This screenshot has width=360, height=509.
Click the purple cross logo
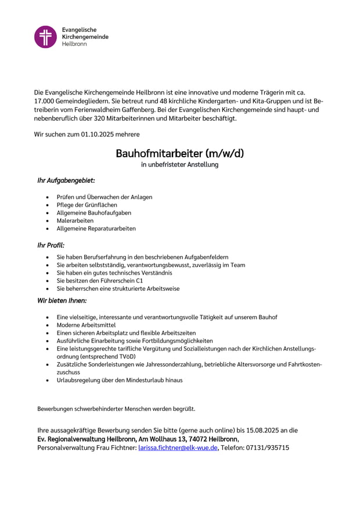[x=45, y=37]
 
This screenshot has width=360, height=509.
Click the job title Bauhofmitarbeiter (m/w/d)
[x=179, y=154]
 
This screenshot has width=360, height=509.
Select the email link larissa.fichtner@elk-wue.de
[x=178, y=448]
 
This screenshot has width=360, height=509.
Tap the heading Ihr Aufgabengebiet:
[x=66, y=181]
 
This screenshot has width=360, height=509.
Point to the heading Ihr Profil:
[x=51, y=246]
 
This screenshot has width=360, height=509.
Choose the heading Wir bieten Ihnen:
[x=62, y=301]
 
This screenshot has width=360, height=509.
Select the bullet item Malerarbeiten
[x=75, y=221]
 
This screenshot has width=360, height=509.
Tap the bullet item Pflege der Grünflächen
[x=87, y=205]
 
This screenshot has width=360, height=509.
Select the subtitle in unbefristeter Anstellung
[x=179, y=165]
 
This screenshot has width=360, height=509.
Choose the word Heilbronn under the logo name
[x=74, y=44]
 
